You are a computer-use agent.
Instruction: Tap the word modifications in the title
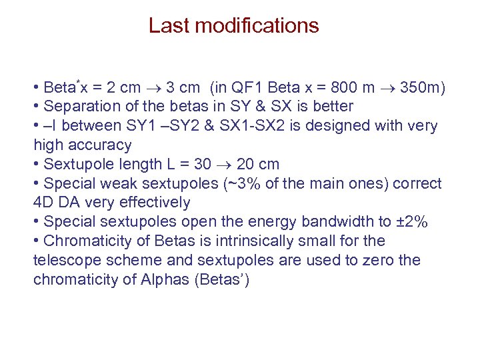253,26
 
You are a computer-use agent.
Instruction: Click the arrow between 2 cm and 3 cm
154,88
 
